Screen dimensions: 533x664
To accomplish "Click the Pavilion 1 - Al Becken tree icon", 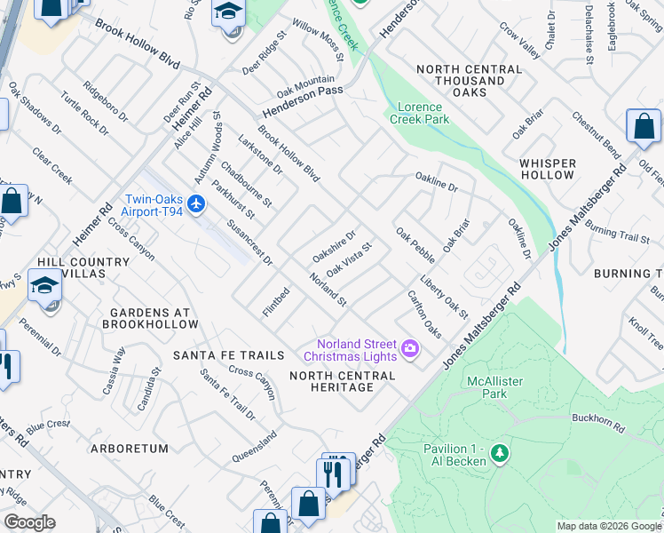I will pos(500,454).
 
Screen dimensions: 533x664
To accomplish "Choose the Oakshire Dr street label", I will pos(334,246).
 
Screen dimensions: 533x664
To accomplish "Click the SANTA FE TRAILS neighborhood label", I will pos(228,355).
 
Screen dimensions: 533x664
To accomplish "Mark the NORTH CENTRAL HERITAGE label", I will pos(343,382).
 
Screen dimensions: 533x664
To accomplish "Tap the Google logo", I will pos(29,522).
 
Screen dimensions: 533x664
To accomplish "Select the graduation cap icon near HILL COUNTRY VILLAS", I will pos(44,285).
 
